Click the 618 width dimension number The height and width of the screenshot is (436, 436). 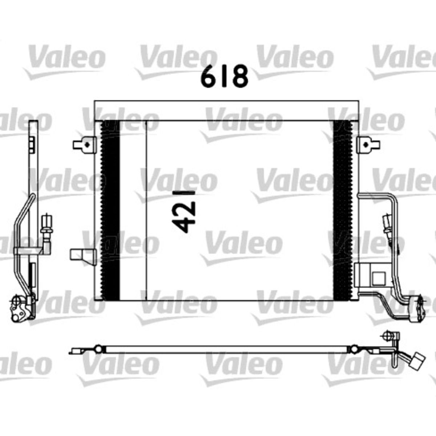(224, 76)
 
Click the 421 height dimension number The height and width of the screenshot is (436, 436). (183, 208)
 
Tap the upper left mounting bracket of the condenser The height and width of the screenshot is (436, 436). (85, 145)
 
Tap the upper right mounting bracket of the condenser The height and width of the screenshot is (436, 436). (368, 145)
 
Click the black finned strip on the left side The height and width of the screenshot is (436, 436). (110, 245)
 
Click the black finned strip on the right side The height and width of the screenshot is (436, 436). (343, 245)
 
